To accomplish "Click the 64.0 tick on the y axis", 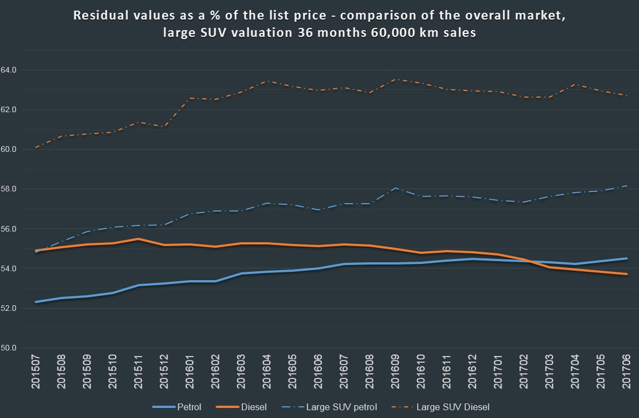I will (x=11, y=70).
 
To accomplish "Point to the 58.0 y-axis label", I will (x=11, y=189).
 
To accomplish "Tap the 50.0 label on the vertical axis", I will (x=11, y=348).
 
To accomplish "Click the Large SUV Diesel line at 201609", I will (x=395, y=79).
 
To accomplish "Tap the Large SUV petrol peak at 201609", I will (x=395, y=188).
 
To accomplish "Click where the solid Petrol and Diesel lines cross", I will (x=528, y=261).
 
